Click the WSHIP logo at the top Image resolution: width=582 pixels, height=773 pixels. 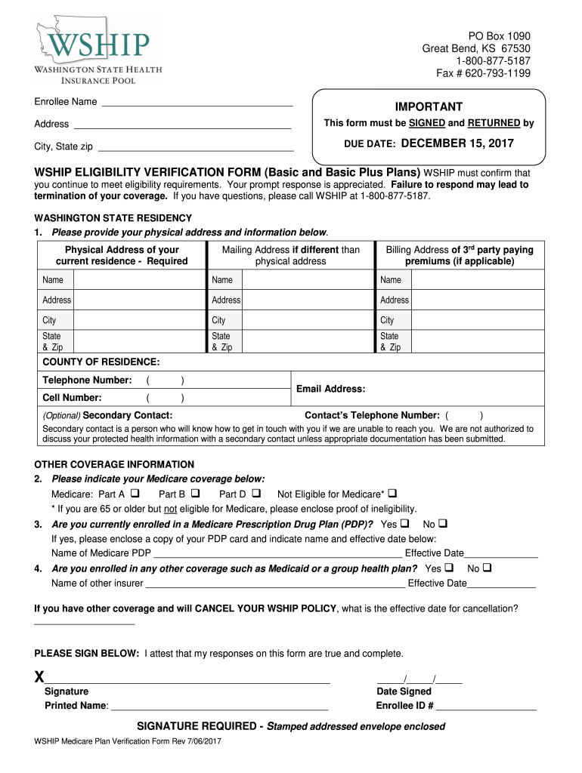pyautogui.click(x=97, y=50)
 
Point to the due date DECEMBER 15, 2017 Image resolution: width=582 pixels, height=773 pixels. pyautogui.click(x=457, y=143)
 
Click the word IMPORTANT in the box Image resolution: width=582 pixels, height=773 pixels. pyautogui.click(x=429, y=107)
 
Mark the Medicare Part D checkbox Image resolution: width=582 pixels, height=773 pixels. pyautogui.click(x=255, y=494)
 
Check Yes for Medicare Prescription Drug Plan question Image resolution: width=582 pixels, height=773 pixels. pyautogui.click(x=404, y=523)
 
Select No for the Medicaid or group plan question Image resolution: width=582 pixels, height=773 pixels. pyautogui.click(x=487, y=568)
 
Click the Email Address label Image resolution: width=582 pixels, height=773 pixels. pyautogui.click(x=330, y=389)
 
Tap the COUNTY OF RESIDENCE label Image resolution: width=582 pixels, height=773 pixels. pyautogui.click(x=101, y=362)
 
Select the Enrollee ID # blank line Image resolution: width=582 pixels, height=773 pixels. pyautogui.click(x=486, y=707)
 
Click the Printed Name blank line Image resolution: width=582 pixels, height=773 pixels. pyautogui.click(x=219, y=707)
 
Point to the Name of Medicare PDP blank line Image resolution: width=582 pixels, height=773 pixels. pyautogui.click(x=277, y=553)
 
